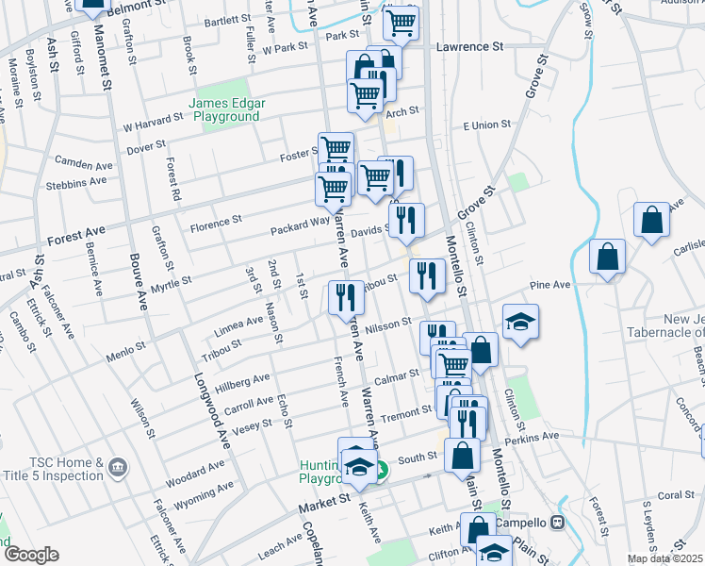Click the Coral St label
pyautogui.click(x=649, y=494)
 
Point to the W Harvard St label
pyautogui.click(x=153, y=121)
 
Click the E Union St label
pyautogui.click(x=485, y=125)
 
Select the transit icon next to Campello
pyautogui.click(x=558, y=522)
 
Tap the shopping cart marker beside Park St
pyautogui.click(x=402, y=23)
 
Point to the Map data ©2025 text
pyautogui.click(x=665, y=558)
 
